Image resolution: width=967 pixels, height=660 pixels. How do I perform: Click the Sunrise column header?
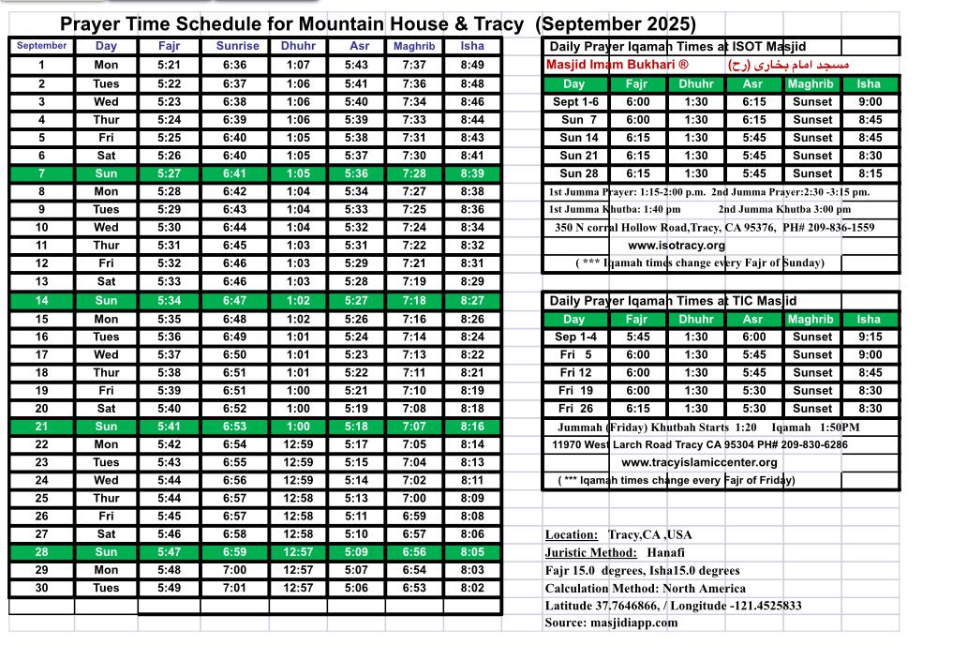237,46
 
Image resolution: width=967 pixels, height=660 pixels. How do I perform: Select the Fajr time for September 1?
170,65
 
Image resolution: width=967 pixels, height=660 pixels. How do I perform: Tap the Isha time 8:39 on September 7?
472,173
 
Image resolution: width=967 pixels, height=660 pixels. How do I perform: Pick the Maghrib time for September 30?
413,588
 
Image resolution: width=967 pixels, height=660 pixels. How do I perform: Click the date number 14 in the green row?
41,301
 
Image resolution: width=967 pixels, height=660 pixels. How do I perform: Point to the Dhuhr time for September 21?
298,427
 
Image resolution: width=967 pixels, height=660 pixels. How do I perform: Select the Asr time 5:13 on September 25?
356,499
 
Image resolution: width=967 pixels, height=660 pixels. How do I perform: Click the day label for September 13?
106,281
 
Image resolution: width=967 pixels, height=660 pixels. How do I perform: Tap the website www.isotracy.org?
677,246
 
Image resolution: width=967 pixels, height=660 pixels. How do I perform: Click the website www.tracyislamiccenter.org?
699,462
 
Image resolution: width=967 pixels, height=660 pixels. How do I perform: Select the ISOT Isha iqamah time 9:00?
870,102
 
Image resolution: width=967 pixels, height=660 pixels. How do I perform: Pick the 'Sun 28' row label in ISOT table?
578,173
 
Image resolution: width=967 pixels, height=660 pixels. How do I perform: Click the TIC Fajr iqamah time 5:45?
637,337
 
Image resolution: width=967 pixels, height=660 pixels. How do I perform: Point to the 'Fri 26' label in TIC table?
575,409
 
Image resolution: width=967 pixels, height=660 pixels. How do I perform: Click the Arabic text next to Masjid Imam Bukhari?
788,66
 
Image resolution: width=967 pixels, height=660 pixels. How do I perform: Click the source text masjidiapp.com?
637,622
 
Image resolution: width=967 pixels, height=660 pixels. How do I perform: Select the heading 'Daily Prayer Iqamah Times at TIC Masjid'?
673,301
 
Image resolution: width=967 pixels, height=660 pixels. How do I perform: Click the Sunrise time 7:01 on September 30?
236,588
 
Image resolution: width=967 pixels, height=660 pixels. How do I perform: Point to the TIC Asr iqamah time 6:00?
753,337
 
